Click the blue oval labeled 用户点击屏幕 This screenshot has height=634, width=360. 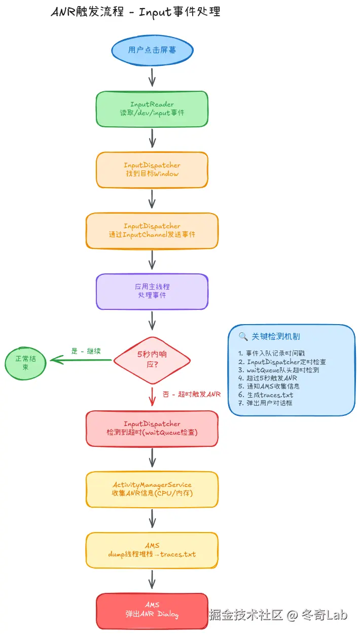click(152, 51)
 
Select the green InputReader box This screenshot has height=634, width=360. click(152, 109)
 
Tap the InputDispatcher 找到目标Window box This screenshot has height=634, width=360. click(152, 169)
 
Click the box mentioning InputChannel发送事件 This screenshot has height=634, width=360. click(152, 230)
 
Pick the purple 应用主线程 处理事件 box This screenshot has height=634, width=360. click(152, 291)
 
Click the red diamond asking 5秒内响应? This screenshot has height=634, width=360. click(152, 360)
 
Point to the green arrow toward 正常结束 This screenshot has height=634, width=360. click(81, 360)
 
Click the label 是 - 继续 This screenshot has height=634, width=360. click(86, 350)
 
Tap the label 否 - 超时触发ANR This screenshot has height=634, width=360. click(191, 394)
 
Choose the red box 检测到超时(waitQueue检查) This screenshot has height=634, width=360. click(152, 428)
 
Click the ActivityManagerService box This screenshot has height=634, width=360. click(152, 489)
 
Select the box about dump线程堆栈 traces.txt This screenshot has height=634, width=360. click(152, 550)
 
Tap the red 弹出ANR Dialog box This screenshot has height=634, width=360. click(152, 610)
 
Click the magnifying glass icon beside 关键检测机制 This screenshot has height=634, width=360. click(243, 336)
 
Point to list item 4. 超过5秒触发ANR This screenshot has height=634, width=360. click(269, 378)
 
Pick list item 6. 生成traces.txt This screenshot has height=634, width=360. click(266, 395)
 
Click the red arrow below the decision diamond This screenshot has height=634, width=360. click(152, 396)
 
